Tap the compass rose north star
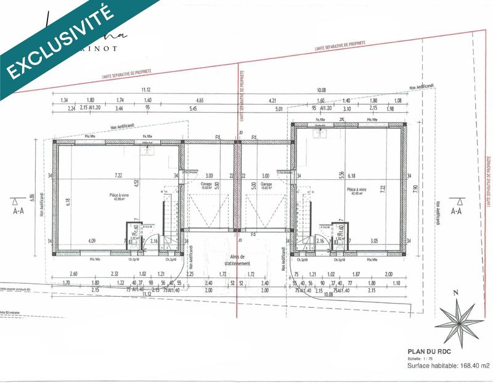pos(460,321)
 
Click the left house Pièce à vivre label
pos(115,196)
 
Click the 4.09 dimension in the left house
pos(92,240)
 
